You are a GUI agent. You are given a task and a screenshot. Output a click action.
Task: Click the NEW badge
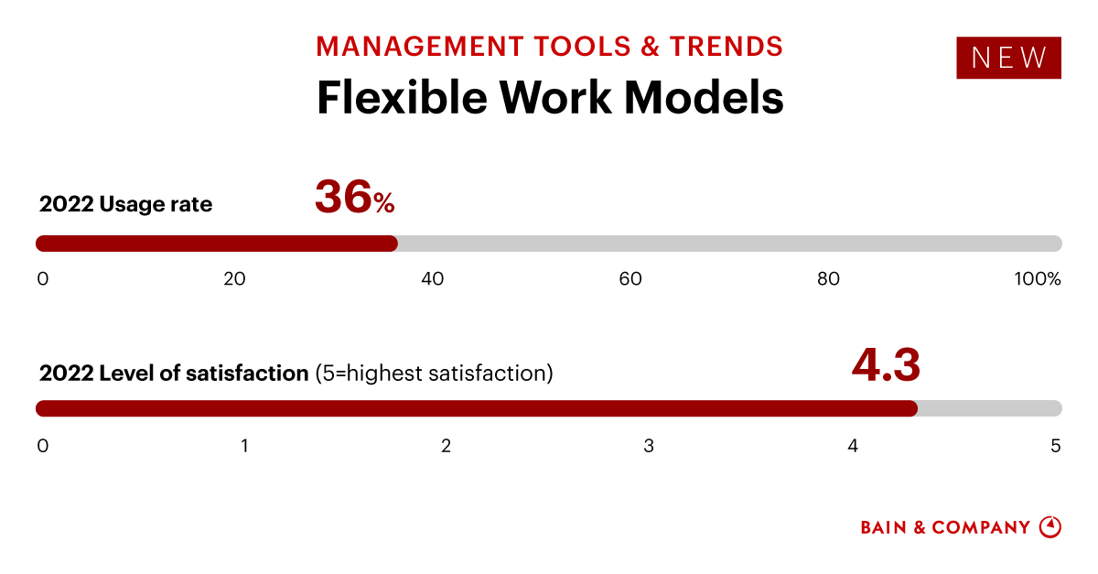coord(1008,58)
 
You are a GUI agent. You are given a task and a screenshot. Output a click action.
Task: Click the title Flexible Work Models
coord(550,97)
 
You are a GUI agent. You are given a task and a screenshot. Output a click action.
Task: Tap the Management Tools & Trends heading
coord(550,46)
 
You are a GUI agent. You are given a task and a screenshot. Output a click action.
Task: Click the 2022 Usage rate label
coord(125,205)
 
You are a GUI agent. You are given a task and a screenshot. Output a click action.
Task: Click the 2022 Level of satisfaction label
coord(174,374)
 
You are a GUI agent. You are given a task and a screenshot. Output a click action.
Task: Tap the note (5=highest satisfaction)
coord(434,374)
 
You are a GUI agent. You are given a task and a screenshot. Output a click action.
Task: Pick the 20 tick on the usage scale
coord(234,279)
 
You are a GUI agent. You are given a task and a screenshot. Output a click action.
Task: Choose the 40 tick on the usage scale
coord(432,279)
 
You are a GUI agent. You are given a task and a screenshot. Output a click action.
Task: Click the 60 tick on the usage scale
coord(630,279)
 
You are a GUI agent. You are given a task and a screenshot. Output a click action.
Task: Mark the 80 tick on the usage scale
coord(828,279)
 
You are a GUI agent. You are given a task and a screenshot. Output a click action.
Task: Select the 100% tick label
coord(1037,279)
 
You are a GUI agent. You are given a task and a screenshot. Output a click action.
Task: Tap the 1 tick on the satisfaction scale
coord(245,447)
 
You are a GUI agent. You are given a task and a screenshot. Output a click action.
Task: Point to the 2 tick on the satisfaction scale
coord(446,447)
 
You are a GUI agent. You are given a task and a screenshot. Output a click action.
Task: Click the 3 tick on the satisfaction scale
coord(649,447)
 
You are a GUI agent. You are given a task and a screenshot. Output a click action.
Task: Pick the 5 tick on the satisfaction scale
coord(1055,447)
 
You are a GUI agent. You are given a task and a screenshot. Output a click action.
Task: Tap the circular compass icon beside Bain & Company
coord(1050,527)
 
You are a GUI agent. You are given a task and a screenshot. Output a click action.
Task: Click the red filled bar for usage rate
coord(217,244)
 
